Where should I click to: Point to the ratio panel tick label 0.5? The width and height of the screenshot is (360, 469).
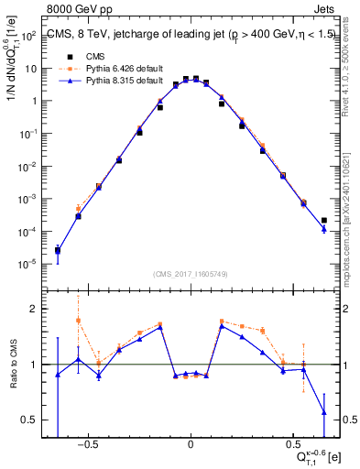pos(29,420)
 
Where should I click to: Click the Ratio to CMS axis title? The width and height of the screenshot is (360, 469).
pos(13,365)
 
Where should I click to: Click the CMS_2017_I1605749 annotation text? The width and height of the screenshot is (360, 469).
pos(190,273)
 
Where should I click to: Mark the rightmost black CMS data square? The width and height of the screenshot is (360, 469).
pos(324,220)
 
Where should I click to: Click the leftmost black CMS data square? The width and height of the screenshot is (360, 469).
pos(58,250)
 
